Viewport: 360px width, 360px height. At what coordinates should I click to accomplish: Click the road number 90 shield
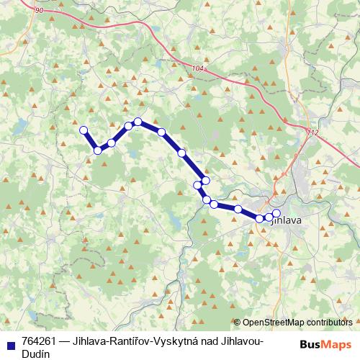38,10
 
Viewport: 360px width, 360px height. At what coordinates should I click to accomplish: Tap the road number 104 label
198,68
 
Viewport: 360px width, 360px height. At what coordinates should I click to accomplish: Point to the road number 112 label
311,132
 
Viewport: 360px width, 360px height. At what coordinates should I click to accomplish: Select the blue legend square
10,341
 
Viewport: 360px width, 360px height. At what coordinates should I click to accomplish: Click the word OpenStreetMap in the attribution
273,322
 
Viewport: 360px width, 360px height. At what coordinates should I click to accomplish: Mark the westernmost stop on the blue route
83,130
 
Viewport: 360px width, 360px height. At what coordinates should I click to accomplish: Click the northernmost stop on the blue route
138,122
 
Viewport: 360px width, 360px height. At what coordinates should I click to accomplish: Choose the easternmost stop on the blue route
276,213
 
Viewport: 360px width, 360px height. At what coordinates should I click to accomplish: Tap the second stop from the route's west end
97,150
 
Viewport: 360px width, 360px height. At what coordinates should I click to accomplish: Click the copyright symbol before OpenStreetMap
237,322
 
